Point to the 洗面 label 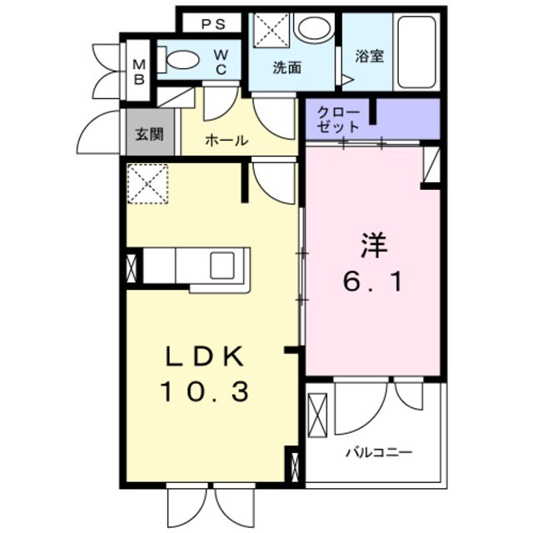point(286,67)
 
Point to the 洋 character point(374,246)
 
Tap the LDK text point(205,357)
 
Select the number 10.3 point(205,391)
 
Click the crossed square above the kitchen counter point(148,183)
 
